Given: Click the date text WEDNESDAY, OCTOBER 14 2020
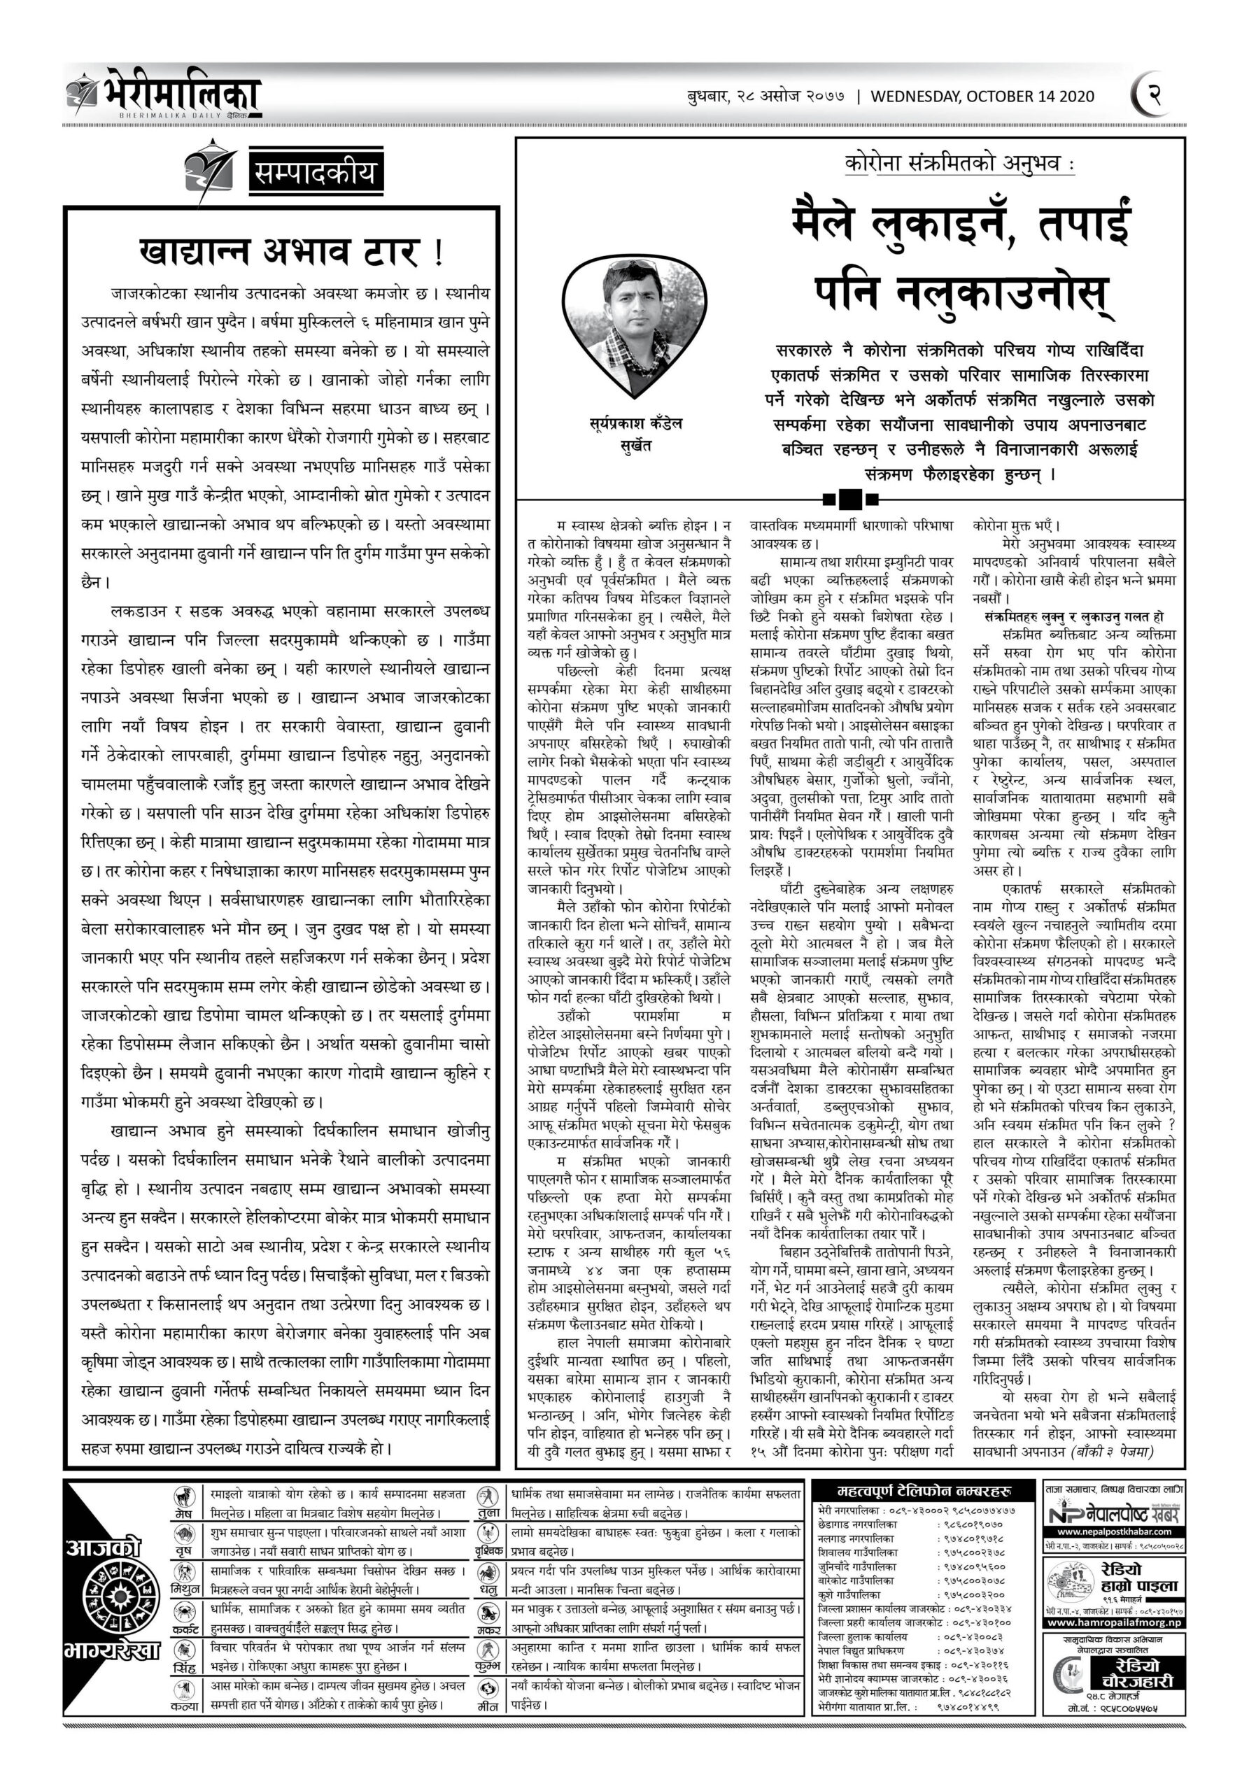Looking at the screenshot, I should click(x=982, y=97).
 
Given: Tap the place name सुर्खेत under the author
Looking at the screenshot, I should click(x=635, y=447).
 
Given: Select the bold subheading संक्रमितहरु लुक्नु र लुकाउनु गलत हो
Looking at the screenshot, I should click(x=1073, y=616).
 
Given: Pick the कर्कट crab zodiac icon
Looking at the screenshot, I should click(x=184, y=1613).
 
